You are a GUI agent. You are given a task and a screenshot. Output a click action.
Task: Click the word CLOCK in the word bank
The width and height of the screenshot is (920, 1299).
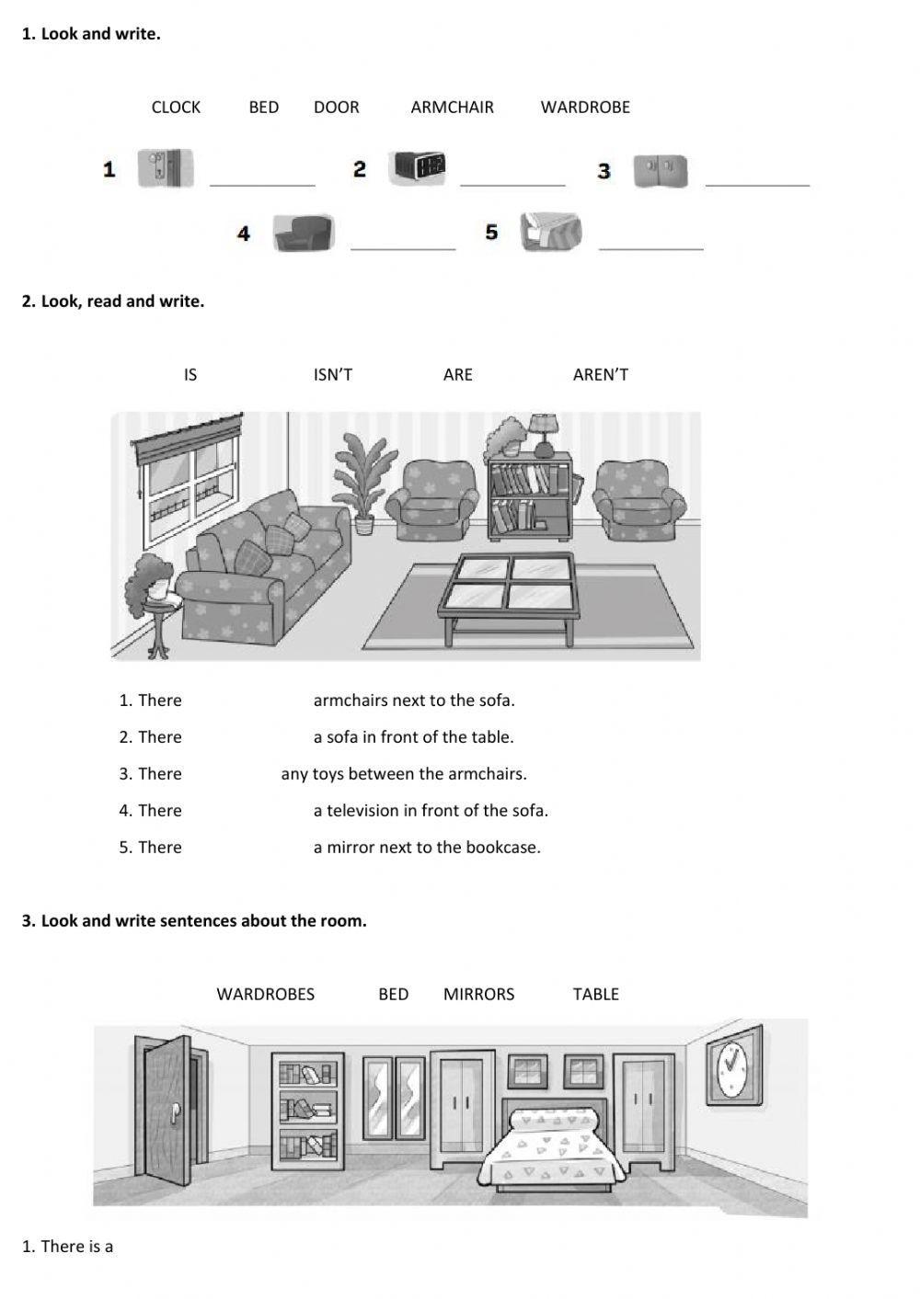click(176, 108)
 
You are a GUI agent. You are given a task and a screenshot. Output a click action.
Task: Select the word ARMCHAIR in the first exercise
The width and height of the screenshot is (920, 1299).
click(452, 108)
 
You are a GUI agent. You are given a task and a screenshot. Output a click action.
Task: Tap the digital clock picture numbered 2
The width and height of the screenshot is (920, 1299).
click(420, 167)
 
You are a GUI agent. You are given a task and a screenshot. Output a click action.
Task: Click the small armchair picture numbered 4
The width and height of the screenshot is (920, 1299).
click(303, 234)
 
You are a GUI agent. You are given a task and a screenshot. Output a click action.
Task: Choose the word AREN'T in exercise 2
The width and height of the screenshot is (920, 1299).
click(600, 375)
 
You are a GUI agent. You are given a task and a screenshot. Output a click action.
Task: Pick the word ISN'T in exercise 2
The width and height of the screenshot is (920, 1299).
click(332, 375)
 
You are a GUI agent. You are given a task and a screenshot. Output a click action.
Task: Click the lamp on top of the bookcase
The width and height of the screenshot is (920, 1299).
click(544, 434)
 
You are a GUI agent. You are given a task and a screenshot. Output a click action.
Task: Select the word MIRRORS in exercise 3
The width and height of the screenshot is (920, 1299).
click(478, 995)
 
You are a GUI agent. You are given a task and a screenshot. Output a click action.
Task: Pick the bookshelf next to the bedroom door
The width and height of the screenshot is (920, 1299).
click(307, 1111)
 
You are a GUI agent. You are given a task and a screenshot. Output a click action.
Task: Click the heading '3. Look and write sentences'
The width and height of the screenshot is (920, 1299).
click(194, 921)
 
